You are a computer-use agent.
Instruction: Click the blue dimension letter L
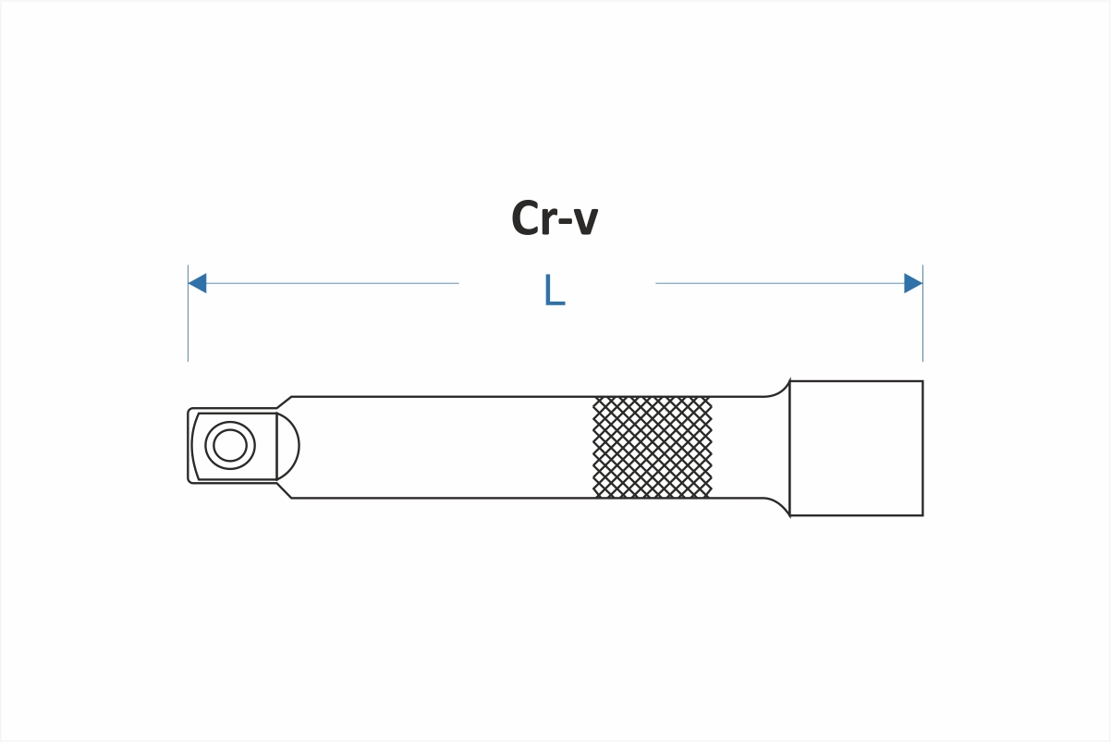tap(554, 291)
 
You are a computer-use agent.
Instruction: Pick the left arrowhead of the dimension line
tap(197, 283)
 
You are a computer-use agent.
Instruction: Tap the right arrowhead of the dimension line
tap(913, 283)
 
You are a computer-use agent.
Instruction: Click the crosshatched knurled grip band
tap(653, 447)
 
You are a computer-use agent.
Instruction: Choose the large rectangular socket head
tap(856, 448)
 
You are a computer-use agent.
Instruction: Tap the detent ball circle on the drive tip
tap(230, 446)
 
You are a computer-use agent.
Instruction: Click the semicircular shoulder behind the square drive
tap(287, 446)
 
